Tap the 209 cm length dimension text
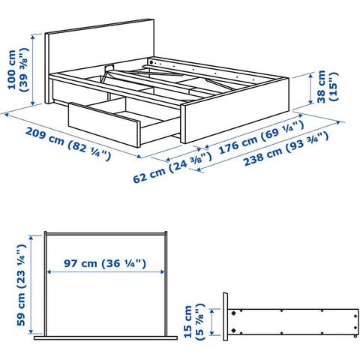[x=68, y=144]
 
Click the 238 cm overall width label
[x=286, y=149]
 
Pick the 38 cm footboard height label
[x=327, y=86]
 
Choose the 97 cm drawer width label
[x=105, y=263]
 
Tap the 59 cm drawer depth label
[x=22, y=285]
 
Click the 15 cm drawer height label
[x=194, y=322]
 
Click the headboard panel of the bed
[x=100, y=50]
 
